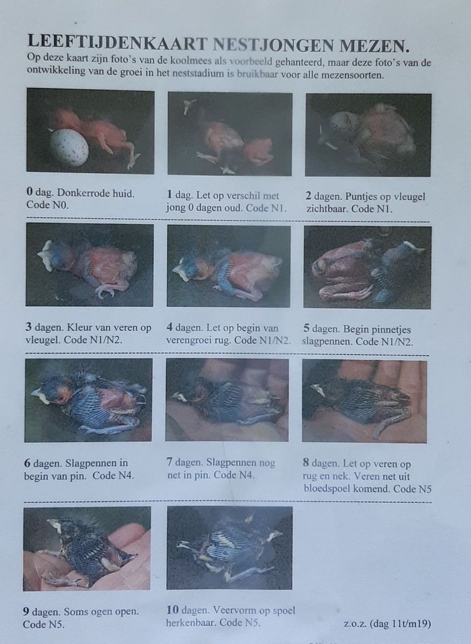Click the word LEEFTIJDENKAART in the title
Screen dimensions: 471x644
click(x=118, y=42)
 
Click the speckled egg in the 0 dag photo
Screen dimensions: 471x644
click(x=69, y=147)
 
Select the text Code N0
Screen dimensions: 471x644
click(x=47, y=205)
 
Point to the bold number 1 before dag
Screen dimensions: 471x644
click(x=170, y=195)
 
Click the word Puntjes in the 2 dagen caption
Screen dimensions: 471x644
click(x=362, y=197)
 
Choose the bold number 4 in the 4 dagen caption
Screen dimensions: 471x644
click(x=170, y=328)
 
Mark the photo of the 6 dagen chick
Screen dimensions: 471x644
click(x=88, y=400)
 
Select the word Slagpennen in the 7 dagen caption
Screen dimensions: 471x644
click(x=231, y=463)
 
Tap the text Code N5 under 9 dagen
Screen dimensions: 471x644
click(x=43, y=625)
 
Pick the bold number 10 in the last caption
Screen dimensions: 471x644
click(x=172, y=610)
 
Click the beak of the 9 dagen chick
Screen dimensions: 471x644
click(x=54, y=524)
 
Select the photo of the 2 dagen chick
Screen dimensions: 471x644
click(x=368, y=135)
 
